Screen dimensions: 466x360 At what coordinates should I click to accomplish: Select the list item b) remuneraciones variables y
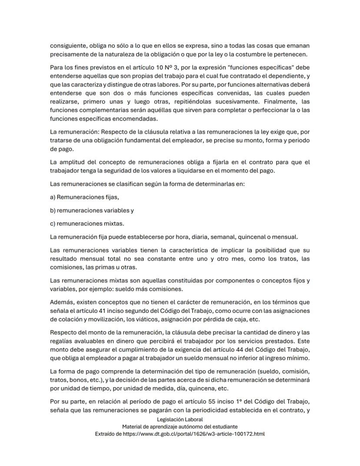click(x=92, y=211)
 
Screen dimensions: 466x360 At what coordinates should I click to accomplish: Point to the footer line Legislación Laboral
click(x=180, y=419)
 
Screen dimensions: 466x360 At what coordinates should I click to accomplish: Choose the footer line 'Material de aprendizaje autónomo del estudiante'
click(x=180, y=427)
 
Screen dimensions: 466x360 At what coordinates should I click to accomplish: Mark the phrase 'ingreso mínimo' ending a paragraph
click(x=289, y=358)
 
